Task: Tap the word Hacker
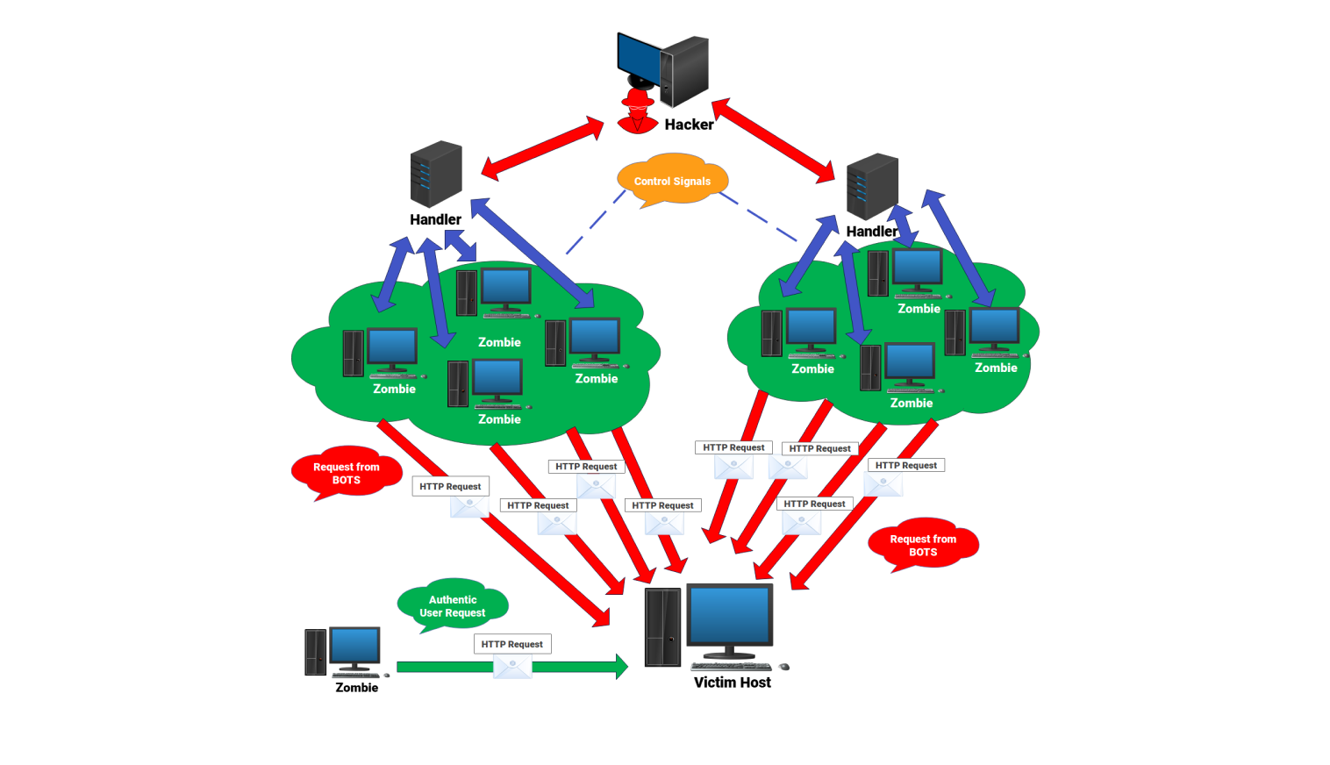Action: point(689,125)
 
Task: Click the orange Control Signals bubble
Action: point(672,181)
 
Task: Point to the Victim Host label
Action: point(732,683)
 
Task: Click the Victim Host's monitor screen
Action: point(729,616)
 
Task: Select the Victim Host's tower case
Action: point(662,627)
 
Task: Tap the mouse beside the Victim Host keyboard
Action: point(784,667)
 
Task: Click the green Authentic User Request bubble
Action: point(453,606)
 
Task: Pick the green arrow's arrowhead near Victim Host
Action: point(621,667)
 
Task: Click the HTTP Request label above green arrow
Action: point(512,644)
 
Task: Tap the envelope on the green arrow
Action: point(512,668)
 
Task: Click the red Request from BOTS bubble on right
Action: point(923,545)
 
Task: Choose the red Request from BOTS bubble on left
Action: point(347,473)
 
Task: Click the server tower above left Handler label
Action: point(436,174)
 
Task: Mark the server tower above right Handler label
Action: point(872,186)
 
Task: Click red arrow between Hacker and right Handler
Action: point(773,140)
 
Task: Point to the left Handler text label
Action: point(435,219)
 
